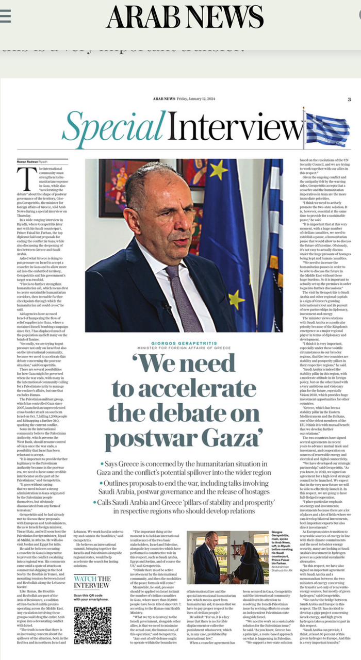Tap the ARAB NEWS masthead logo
(185, 16)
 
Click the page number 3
(349, 99)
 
